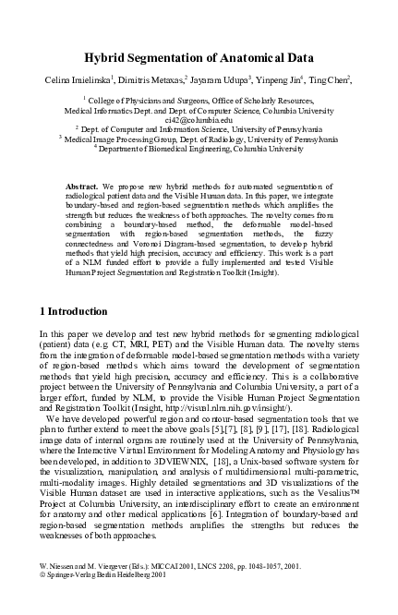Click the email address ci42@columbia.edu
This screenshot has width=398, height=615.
pos(199,119)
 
